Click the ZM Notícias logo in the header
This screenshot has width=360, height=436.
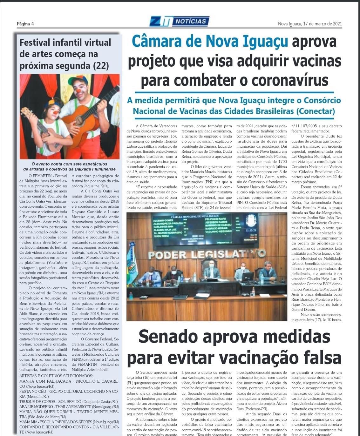tap(179, 22)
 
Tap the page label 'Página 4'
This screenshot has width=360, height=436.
tap(25, 24)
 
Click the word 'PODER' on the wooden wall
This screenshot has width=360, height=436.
tap(167, 254)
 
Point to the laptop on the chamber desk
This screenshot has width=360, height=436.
tap(248, 277)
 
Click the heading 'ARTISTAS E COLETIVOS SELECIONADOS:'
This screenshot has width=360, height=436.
tap(56, 376)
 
